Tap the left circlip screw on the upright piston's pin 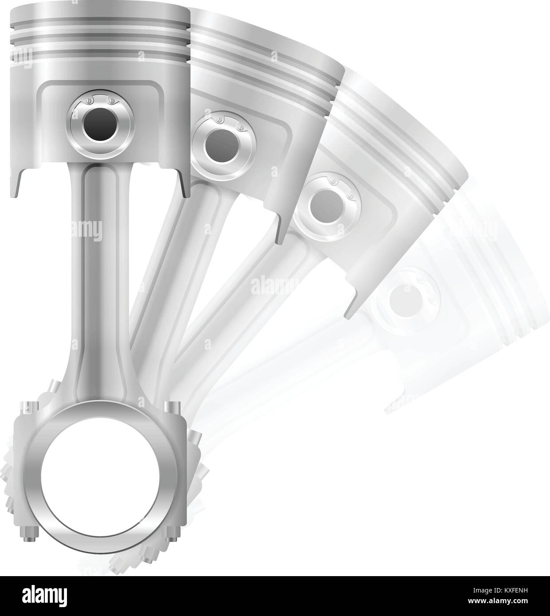(89, 101)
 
